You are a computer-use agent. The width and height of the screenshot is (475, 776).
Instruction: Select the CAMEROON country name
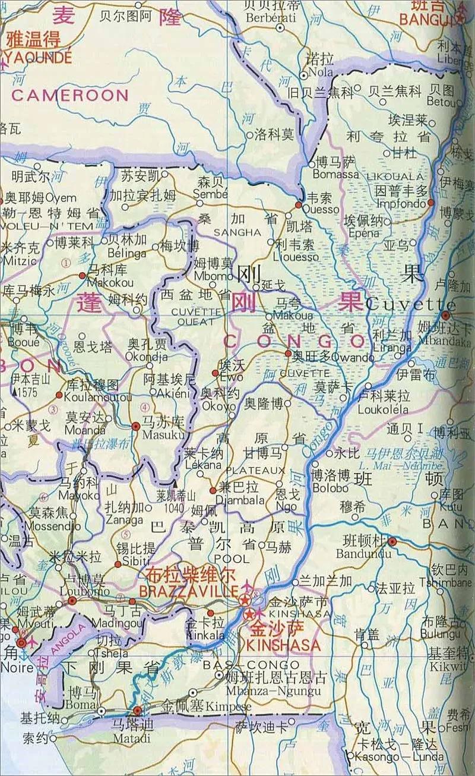pyautogui.click(x=70, y=95)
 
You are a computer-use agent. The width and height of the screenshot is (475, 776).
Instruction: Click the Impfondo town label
pyautogui.click(x=402, y=202)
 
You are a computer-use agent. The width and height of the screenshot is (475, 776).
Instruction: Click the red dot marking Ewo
pyautogui.click(x=216, y=373)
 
